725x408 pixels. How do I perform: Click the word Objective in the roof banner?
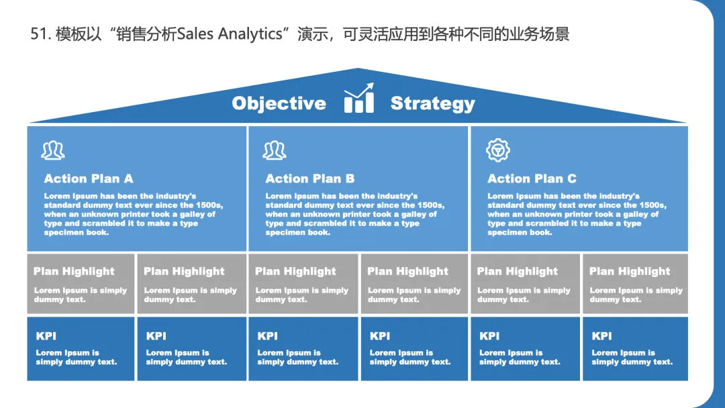pyautogui.click(x=279, y=103)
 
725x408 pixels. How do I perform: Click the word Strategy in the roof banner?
pyautogui.click(x=432, y=103)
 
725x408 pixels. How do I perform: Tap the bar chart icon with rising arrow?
pyautogui.click(x=358, y=99)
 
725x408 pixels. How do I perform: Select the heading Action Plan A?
pyautogui.click(x=89, y=178)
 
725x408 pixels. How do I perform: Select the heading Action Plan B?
pyautogui.click(x=309, y=178)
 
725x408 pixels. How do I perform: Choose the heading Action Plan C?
pyautogui.click(x=532, y=178)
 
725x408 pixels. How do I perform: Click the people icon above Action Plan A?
pyautogui.click(x=53, y=150)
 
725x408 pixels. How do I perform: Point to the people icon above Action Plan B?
pyautogui.click(x=275, y=150)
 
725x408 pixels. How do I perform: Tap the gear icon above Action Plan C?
pyautogui.click(x=498, y=150)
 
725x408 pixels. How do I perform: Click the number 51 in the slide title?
pyautogui.click(x=38, y=34)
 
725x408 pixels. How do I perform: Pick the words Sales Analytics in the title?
pyautogui.click(x=230, y=34)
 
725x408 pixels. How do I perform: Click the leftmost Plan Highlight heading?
pyautogui.click(x=74, y=271)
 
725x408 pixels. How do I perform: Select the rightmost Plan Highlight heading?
pyautogui.click(x=630, y=271)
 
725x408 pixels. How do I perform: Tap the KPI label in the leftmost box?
pyautogui.click(x=46, y=336)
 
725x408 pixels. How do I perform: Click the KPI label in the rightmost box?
pyautogui.click(x=601, y=336)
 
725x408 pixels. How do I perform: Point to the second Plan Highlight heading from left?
pyautogui.click(x=184, y=271)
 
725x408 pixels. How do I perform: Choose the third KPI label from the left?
pyautogui.click(x=267, y=336)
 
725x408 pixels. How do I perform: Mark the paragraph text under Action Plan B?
pyautogui.click(x=354, y=214)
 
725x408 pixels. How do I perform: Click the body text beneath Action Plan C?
pyautogui.click(x=577, y=214)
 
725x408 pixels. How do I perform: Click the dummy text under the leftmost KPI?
pyautogui.click(x=76, y=357)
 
